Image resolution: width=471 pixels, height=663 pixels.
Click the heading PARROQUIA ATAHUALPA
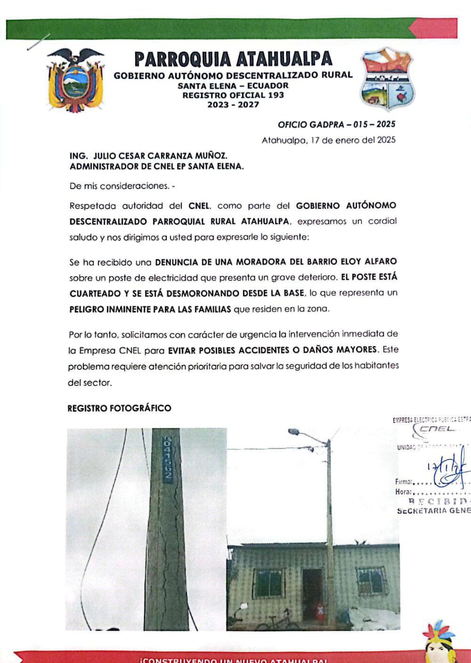pyautogui.click(x=233, y=59)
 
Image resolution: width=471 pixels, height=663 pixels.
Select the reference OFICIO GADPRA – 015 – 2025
pyautogui.click(x=337, y=125)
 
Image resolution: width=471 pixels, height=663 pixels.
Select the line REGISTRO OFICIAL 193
pyautogui.click(x=233, y=95)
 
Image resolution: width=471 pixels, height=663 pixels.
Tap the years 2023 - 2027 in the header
pyautogui.click(x=233, y=105)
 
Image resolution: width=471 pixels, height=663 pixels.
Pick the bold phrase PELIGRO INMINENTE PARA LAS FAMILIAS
pyautogui.click(x=151, y=309)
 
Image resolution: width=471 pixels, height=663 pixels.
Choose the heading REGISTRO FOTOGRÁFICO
pyautogui.click(x=119, y=409)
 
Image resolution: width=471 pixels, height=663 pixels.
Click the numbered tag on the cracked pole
pyautogui.click(x=168, y=459)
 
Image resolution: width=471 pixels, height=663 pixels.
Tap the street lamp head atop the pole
pyautogui.click(x=294, y=431)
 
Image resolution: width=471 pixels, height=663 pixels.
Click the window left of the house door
pyautogui.click(x=268, y=583)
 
